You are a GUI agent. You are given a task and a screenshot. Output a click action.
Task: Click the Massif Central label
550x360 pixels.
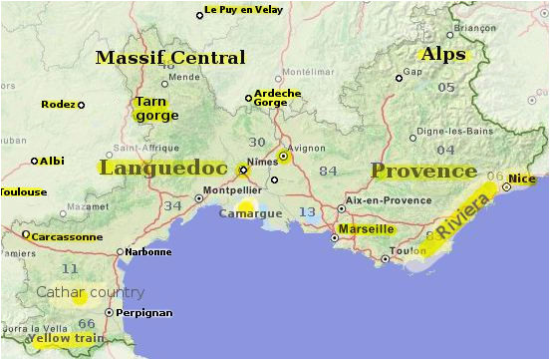169,58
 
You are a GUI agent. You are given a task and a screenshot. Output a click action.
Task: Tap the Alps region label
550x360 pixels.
443,54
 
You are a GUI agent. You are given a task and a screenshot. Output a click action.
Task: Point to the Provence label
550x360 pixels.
423,171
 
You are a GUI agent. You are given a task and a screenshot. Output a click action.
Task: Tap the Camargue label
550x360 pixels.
250,213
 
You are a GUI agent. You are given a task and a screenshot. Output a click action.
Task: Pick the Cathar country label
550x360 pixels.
91,292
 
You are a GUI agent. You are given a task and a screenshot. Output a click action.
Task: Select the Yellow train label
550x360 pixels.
67,340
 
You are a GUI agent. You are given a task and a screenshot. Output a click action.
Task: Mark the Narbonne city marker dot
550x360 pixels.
120,252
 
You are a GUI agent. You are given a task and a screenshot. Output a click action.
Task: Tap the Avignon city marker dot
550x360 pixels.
283,156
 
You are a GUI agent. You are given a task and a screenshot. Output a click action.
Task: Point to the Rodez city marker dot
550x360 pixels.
82,105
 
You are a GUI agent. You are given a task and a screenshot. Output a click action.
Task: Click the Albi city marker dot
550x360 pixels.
34,161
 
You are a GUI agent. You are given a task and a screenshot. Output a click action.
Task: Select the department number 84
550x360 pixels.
328,171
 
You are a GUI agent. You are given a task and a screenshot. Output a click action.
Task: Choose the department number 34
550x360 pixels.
173,205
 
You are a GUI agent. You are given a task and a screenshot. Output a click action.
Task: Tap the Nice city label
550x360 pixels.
522,180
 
